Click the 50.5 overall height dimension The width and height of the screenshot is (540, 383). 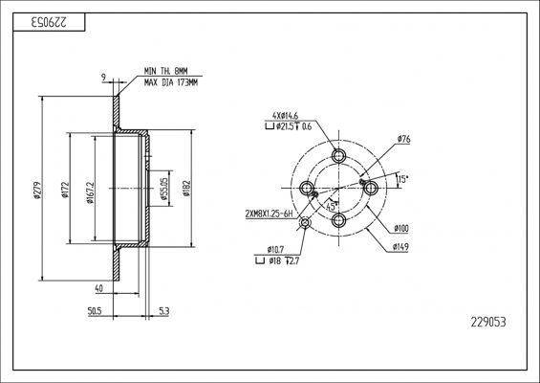click(x=94, y=311)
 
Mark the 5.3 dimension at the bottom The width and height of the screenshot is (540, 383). click(x=163, y=311)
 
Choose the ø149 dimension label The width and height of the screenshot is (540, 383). click(x=401, y=247)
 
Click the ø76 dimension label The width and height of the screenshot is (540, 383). click(x=403, y=140)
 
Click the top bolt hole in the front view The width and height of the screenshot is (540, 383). click(x=336, y=155)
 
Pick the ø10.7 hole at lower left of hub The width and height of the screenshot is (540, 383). click(x=305, y=222)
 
